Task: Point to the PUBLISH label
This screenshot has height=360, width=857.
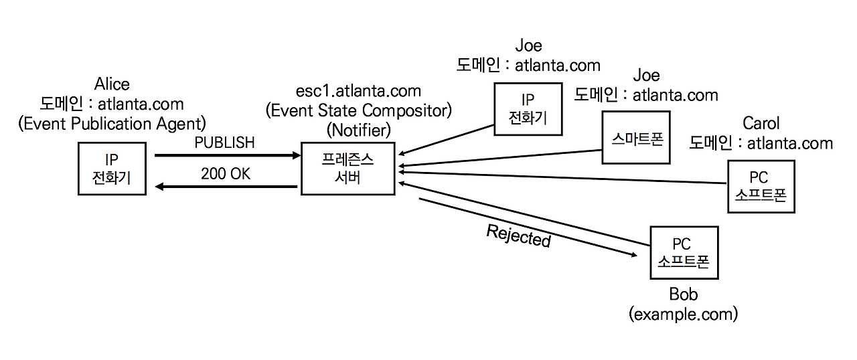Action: (x=224, y=143)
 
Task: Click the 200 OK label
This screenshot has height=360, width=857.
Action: (x=226, y=174)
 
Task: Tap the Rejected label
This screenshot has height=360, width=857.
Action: (x=518, y=236)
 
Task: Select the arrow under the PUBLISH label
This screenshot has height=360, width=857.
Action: (x=227, y=155)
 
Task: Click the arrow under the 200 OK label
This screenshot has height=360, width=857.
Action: (x=226, y=187)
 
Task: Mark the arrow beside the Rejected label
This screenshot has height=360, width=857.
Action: (x=528, y=227)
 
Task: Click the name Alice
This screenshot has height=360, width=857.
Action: (x=112, y=84)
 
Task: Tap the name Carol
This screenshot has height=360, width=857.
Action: (x=761, y=123)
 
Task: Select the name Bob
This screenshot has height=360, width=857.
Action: (x=684, y=294)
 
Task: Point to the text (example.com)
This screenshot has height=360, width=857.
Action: (x=684, y=314)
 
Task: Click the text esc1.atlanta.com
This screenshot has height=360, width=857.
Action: (x=358, y=91)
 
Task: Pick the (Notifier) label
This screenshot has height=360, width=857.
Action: (x=358, y=130)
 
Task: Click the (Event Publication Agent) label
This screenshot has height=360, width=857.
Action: (x=112, y=124)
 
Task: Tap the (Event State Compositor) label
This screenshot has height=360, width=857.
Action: (x=358, y=111)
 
